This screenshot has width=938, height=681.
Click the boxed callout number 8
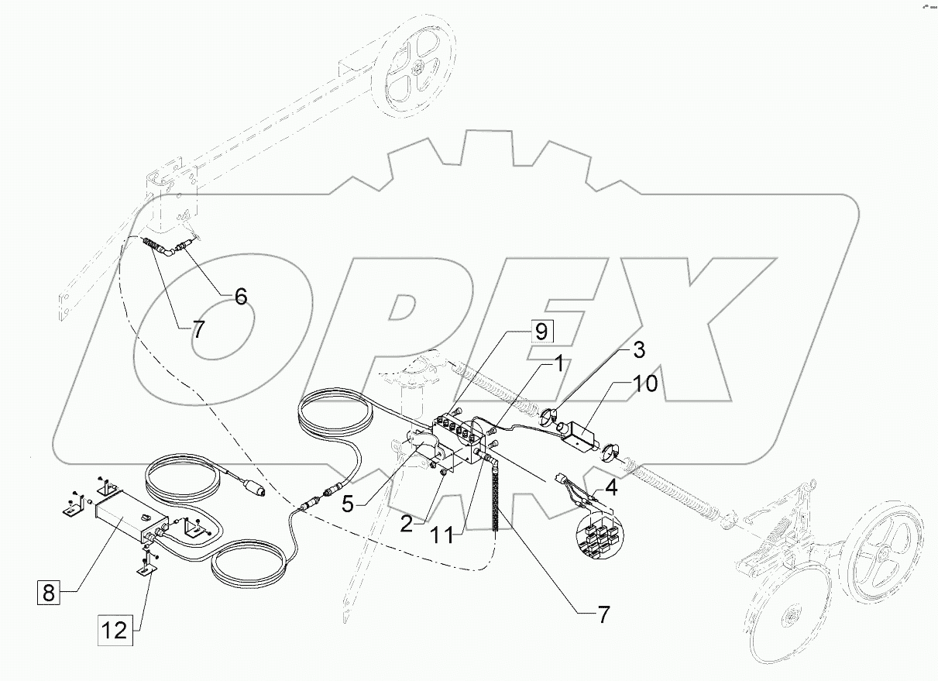(47, 594)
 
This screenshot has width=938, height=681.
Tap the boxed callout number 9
(540, 332)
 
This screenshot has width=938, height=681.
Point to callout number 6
(241, 296)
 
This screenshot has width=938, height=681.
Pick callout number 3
(638, 349)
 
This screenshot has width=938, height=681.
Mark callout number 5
(348, 504)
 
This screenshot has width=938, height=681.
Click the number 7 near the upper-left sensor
(198, 328)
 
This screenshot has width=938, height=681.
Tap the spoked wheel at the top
(417, 68)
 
